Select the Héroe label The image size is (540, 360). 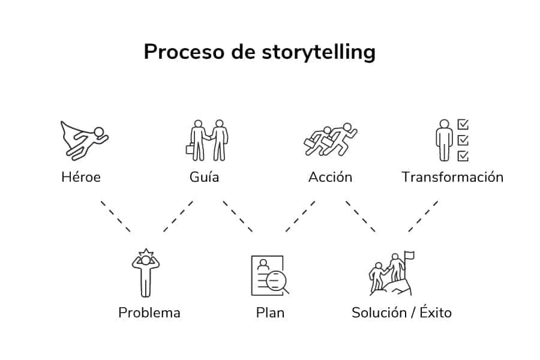[81, 177]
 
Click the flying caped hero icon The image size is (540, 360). [85, 139]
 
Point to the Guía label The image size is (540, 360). [204, 177]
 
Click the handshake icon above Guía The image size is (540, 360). [208, 140]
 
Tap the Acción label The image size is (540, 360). [330, 177]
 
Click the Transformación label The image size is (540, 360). [452, 177]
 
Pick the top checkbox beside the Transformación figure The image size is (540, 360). [463, 125]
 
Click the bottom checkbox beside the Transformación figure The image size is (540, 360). [463, 156]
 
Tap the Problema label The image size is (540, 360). [149, 313]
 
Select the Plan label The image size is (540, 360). [270, 313]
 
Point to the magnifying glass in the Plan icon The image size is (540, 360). [277, 281]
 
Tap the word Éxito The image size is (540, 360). [435, 312]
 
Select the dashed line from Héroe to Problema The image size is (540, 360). [115, 216]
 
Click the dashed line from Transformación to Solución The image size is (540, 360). [423, 216]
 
